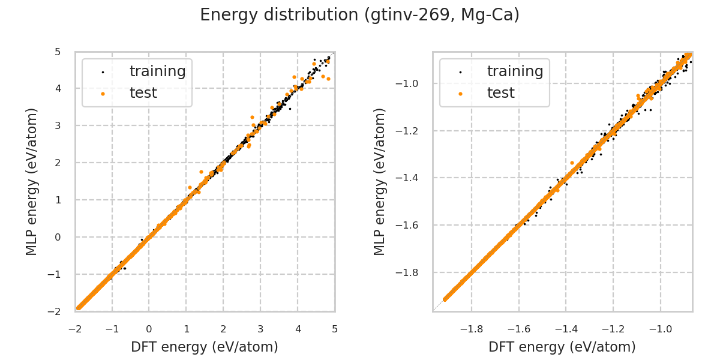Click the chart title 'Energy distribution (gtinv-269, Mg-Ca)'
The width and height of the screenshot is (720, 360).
[359, 15]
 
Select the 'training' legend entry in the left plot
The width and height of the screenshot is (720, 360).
[157, 71]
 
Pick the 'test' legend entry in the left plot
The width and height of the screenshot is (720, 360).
[143, 93]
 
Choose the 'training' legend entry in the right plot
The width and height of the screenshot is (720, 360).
[515, 71]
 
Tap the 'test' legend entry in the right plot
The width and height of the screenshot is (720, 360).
[500, 93]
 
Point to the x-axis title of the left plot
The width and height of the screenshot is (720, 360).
[205, 347]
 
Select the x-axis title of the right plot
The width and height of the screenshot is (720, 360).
[562, 347]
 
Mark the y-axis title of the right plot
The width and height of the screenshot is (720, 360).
[380, 181]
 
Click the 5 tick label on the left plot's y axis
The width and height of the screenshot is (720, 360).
[57, 52]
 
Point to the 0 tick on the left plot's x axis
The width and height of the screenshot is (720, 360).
[149, 329]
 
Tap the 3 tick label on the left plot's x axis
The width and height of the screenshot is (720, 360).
[260, 329]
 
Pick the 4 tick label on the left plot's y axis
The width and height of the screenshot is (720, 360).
[57, 89]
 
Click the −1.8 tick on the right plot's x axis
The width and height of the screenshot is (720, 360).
[471, 329]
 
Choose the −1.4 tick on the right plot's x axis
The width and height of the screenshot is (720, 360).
[566, 329]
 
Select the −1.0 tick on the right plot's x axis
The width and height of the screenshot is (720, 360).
[660, 329]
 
